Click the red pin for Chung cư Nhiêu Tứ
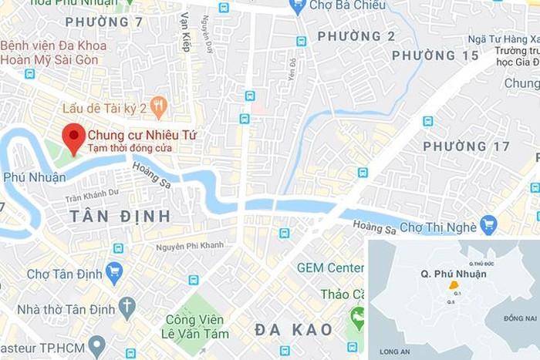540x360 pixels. pos(73,136)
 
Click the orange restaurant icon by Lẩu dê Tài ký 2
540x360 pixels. pos(159,106)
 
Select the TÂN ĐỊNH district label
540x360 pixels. pos(120,216)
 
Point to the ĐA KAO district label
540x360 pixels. pos(294,330)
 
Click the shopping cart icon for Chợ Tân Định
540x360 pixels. pos(114,273)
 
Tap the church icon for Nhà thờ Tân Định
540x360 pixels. pos(127,308)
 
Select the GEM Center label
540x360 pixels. pos(330,268)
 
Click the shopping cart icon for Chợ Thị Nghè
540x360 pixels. pos(488,225)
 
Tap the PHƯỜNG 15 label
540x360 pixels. pos(435,56)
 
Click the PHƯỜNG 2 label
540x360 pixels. pos(356,36)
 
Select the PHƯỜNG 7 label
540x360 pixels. pos(104,22)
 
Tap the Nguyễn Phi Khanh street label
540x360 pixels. pos(190,246)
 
